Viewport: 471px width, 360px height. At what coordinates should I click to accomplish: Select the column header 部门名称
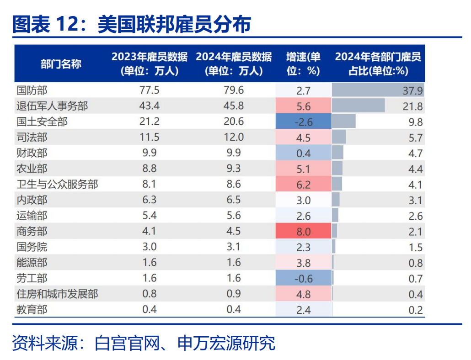pyautogui.click(x=61, y=64)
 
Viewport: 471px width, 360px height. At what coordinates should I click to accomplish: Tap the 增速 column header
pyautogui.click(x=303, y=64)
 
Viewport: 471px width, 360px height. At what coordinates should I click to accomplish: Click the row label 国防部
pyautogui.click(x=32, y=90)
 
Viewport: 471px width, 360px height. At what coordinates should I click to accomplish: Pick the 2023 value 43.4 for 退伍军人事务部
pyautogui.click(x=149, y=106)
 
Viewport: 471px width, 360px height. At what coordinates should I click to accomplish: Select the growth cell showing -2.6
pyautogui.click(x=303, y=122)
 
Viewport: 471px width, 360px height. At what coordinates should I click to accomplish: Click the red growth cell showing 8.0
pyautogui.click(x=303, y=231)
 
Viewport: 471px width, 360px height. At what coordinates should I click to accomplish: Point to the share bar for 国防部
pyautogui.click(x=378, y=90)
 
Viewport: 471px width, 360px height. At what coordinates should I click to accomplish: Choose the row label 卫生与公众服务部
pyautogui.click(x=57, y=184)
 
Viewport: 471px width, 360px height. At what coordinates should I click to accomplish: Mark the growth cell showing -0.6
pyautogui.click(x=303, y=278)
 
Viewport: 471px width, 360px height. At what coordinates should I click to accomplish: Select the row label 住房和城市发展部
pyautogui.click(x=57, y=294)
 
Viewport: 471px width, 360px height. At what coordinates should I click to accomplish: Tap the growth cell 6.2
pyautogui.click(x=303, y=184)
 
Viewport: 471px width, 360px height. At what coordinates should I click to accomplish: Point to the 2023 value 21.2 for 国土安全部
pyautogui.click(x=149, y=122)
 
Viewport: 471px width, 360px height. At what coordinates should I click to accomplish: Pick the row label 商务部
pyautogui.click(x=32, y=231)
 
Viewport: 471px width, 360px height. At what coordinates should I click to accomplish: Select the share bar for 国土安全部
pyautogui.click(x=344, y=122)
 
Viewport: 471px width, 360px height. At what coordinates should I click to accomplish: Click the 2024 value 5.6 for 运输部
pyautogui.click(x=233, y=216)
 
